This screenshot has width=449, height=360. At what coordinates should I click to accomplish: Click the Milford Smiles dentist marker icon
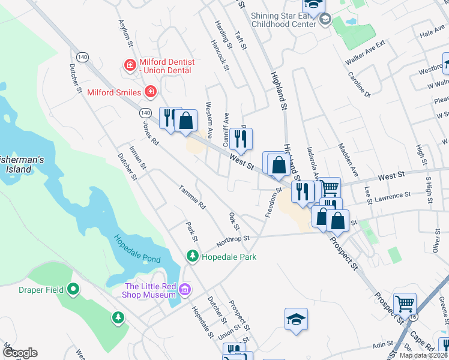tap(151, 92)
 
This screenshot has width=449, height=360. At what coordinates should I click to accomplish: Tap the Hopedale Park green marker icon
tap(193, 257)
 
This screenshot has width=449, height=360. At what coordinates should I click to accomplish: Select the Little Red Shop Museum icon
tap(185, 290)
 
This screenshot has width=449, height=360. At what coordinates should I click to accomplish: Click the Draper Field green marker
tap(73, 289)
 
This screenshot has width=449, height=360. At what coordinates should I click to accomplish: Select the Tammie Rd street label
tap(192, 197)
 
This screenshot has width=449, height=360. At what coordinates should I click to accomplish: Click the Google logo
tap(20, 353)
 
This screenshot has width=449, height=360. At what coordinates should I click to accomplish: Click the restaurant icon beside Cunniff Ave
tap(241, 140)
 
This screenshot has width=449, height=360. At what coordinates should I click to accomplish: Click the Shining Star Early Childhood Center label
tap(283, 20)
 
